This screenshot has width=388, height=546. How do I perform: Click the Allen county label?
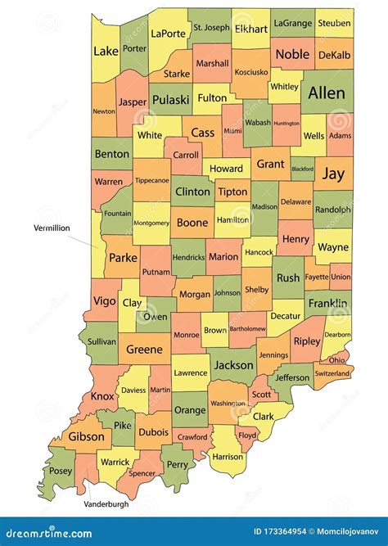[327, 94]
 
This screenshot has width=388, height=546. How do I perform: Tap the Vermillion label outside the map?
[52, 228]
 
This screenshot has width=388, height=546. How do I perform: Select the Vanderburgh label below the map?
[106, 504]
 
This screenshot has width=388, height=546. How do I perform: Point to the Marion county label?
[223, 256]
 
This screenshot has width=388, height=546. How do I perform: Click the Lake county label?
[106, 51]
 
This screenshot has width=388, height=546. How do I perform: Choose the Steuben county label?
[334, 24]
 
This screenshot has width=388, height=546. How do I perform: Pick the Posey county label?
[61, 472]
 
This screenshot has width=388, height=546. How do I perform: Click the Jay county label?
[333, 174]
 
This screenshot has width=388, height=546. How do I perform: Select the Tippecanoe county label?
[151, 180]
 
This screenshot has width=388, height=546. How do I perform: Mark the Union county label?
[341, 278]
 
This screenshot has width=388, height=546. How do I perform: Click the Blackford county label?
[303, 169]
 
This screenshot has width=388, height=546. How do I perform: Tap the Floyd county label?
[247, 436]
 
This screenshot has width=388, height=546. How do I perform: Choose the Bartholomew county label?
[248, 328]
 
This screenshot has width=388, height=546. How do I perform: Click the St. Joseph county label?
[211, 28]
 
